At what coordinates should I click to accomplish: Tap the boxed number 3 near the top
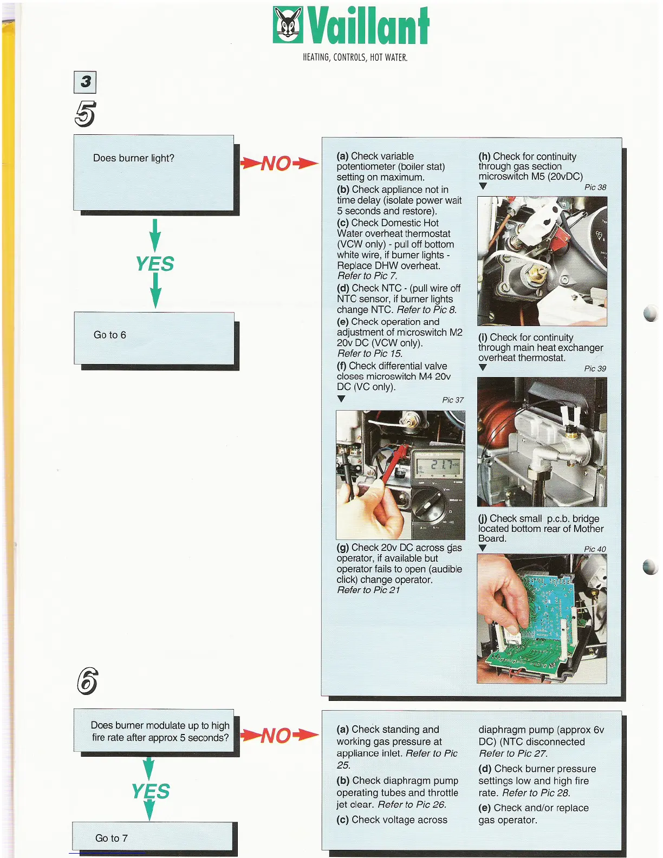point(85,82)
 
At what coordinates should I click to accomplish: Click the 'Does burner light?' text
point(134,158)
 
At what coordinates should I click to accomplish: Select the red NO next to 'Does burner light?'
point(277,163)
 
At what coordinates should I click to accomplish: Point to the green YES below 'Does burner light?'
point(155,264)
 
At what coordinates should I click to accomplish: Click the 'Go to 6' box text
point(110,335)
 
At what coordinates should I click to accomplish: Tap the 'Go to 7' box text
point(112,838)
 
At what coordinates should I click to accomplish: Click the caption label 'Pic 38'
point(595,187)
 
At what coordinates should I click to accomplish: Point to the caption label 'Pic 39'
point(595,368)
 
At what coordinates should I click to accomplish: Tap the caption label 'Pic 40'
point(595,549)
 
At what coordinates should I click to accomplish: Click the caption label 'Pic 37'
point(453,400)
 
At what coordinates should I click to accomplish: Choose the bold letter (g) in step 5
point(343,548)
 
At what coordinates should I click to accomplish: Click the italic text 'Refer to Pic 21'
point(368,590)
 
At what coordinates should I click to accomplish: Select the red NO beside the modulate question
point(277,736)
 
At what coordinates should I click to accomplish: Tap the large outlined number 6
point(87,681)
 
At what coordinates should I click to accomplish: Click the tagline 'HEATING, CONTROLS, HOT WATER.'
point(355,57)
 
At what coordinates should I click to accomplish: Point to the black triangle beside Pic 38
point(483,186)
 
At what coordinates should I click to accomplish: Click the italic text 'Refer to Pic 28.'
point(536,793)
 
